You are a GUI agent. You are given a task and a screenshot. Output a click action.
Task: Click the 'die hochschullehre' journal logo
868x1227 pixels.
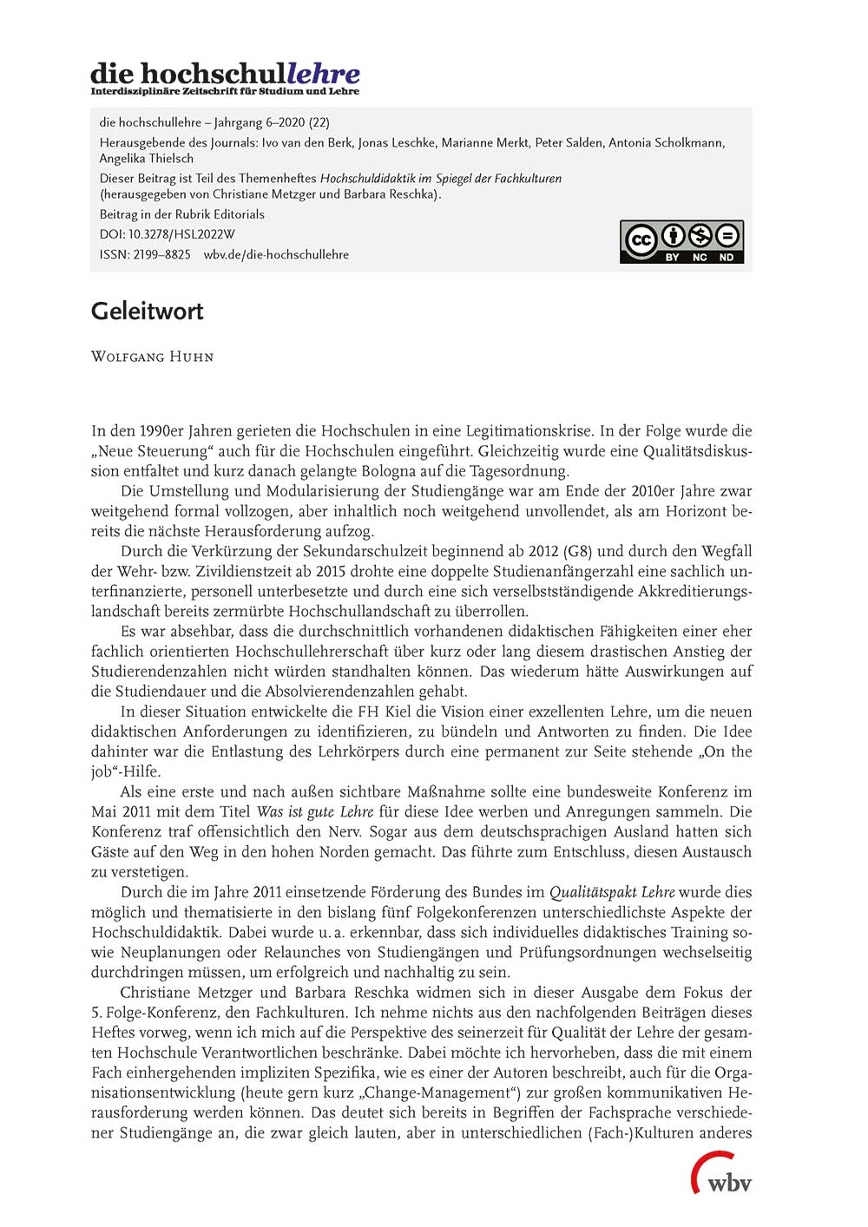(x=225, y=77)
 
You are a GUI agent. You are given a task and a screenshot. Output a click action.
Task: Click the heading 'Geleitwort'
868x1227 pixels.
(x=148, y=312)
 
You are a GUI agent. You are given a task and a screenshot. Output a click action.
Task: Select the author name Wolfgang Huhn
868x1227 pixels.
(x=152, y=357)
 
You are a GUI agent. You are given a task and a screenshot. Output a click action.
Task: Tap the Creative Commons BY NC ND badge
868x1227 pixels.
(x=681, y=241)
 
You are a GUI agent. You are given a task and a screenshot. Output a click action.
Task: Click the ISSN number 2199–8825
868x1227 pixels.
(x=162, y=254)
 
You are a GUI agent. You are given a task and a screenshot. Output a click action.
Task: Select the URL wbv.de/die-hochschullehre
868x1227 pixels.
(x=276, y=254)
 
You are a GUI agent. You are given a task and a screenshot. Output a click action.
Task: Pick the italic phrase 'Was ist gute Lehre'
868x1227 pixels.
(x=315, y=812)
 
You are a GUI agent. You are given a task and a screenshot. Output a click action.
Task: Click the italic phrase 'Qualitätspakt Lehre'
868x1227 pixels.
(x=612, y=892)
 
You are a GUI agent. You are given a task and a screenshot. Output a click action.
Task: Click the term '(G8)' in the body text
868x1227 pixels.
(x=577, y=551)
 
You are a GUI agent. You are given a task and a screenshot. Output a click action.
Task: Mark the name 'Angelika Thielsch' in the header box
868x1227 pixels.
(x=147, y=159)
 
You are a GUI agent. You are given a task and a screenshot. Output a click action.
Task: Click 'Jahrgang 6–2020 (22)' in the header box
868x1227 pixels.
(x=271, y=122)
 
